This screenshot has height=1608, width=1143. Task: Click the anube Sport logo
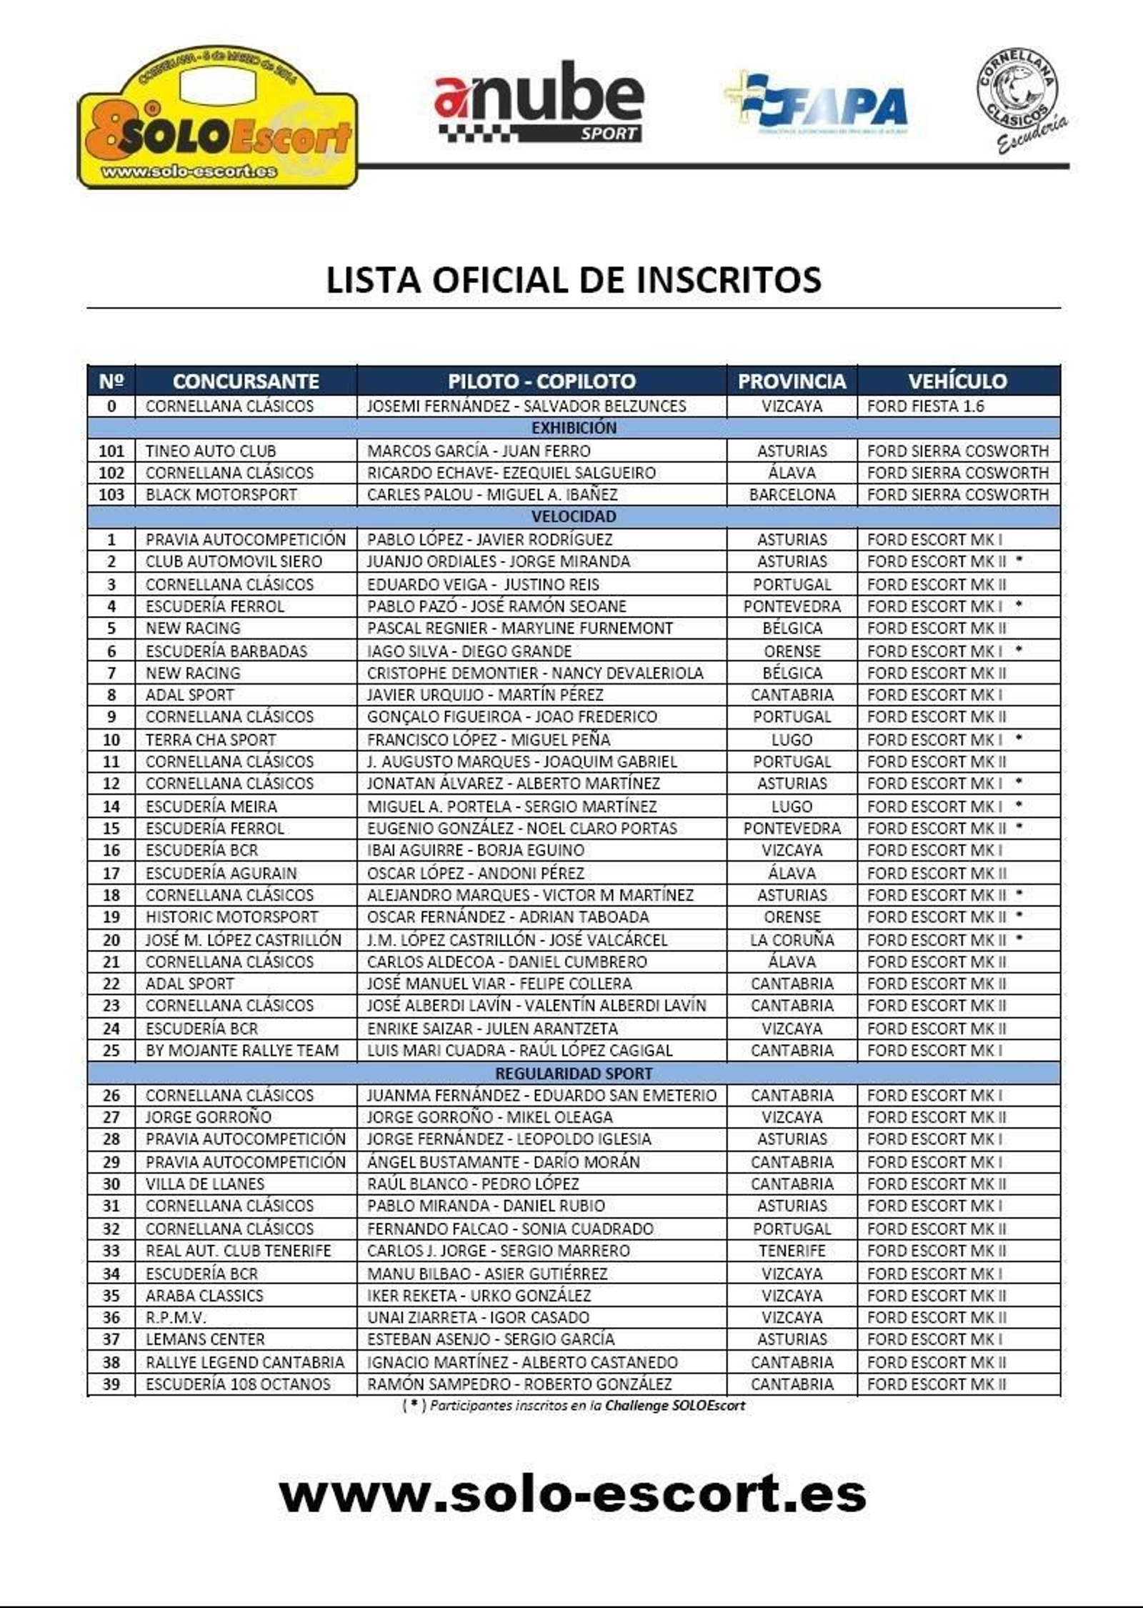coord(539,101)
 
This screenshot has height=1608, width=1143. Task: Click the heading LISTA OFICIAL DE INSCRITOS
coord(574,279)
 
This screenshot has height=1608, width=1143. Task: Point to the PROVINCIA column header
coord(792,381)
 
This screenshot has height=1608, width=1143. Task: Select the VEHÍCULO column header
coord(957,381)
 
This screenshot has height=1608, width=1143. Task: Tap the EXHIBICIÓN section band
coord(574,428)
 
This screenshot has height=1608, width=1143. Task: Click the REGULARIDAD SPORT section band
coord(574,1073)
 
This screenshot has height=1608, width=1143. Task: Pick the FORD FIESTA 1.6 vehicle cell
coord(925,406)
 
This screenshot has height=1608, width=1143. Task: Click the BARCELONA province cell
coord(792,495)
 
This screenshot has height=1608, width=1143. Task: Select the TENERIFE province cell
coord(792,1251)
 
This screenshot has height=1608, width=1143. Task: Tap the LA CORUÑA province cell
coord(792,940)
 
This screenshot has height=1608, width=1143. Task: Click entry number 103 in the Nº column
coord(111,495)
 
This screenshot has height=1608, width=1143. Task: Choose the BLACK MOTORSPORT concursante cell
coord(221,495)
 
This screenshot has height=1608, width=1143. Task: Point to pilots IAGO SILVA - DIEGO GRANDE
coord(469,651)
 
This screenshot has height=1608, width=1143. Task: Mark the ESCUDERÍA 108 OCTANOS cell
coord(238,1384)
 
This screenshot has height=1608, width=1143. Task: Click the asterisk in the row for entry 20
coord(1019,938)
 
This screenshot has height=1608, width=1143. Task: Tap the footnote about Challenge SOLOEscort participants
coord(574,1406)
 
